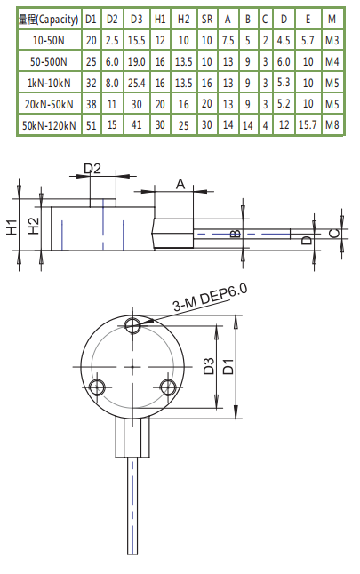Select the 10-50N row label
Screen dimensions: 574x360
[49, 40]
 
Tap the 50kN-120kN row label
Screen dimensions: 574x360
[49, 124]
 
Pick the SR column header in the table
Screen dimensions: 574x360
[206, 19]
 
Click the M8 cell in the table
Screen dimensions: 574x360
[332, 124]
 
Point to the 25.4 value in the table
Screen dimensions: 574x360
[136, 83]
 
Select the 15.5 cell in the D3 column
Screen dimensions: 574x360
[136, 40]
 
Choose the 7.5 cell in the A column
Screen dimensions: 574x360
[228, 40]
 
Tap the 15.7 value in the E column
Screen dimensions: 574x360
[307, 124]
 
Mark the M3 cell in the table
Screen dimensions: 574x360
[332, 40]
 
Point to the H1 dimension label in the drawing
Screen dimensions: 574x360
[12, 226]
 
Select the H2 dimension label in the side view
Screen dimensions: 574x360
[33, 227]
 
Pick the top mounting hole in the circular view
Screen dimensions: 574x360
[133, 326]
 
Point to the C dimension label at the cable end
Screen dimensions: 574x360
[332, 233]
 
